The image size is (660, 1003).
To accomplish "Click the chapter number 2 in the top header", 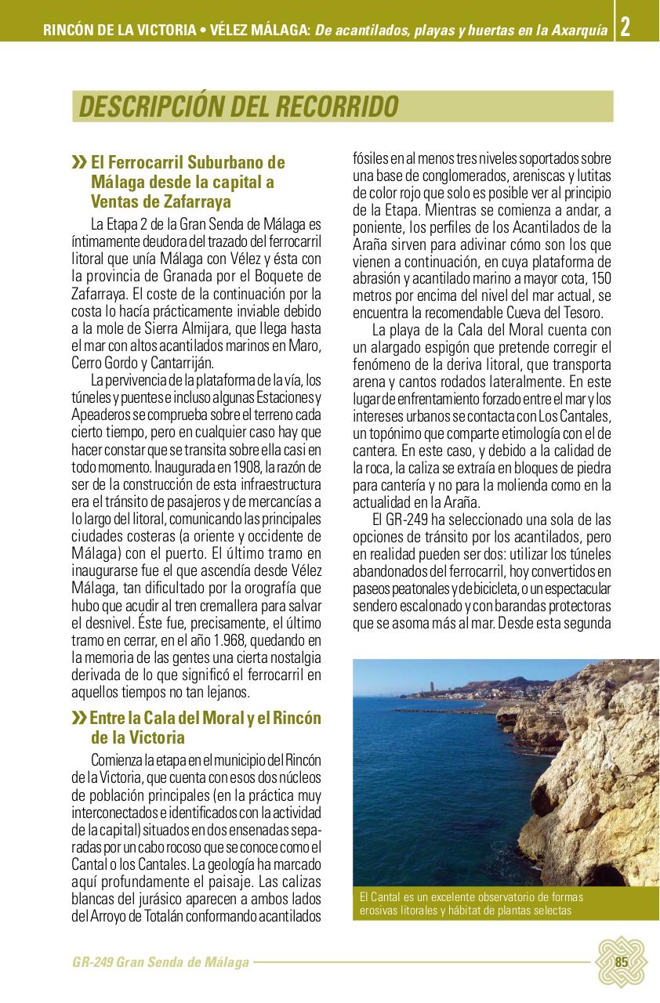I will point(625,29).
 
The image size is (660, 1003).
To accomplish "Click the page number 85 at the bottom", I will point(622,963).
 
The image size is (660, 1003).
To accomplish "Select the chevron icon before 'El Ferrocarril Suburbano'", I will point(79,163).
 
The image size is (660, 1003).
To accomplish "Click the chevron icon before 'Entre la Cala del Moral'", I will point(79,719).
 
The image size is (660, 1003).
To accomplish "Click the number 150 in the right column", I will point(601,279).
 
